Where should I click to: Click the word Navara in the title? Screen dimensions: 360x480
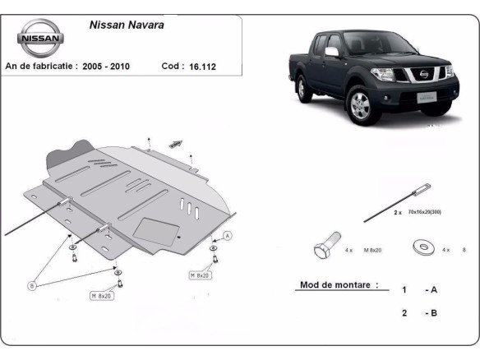(146, 25)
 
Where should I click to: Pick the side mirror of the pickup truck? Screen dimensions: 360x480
(331, 52)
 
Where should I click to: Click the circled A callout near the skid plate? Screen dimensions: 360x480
(228, 236)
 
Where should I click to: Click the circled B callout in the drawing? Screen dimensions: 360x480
(32, 285)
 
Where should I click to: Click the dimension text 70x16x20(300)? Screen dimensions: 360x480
(424, 212)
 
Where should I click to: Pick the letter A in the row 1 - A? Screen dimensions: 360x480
(432, 290)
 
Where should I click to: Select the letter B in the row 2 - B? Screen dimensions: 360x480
(432, 313)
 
